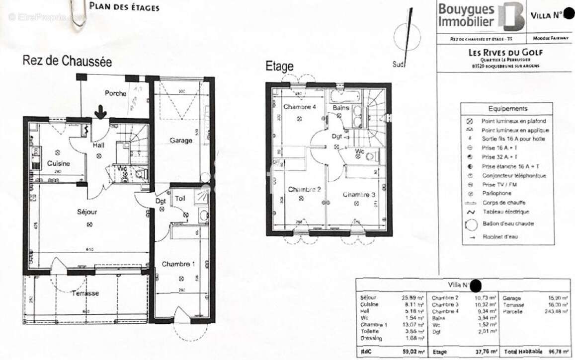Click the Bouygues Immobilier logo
tap(481, 17)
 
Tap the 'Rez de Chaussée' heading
tap(67, 61)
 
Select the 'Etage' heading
tap(279, 66)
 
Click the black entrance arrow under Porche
tap(100, 112)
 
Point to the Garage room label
tap(181, 141)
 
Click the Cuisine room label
tap(59, 163)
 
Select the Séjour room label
tap(87, 212)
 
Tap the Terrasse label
tap(84, 293)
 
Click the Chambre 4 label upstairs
tap(300, 107)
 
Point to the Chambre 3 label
tap(359, 195)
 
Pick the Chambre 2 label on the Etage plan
tap(304, 190)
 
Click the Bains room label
tap(341, 108)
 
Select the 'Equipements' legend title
tap(507, 108)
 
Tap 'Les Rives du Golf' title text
tap(506, 53)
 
